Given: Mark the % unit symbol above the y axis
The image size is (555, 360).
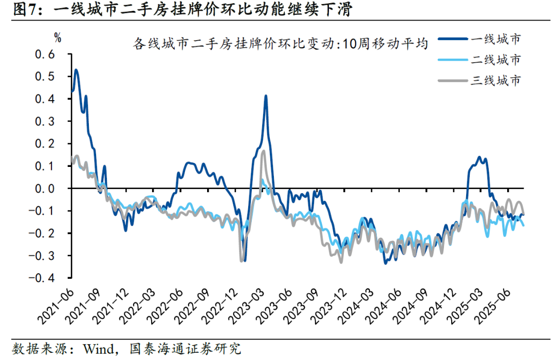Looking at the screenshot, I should (58, 37).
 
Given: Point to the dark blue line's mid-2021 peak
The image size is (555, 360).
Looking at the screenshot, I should (76, 70).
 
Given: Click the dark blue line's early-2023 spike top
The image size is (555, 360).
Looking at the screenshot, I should (266, 96).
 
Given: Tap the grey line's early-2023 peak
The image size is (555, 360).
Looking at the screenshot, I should (263, 151).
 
